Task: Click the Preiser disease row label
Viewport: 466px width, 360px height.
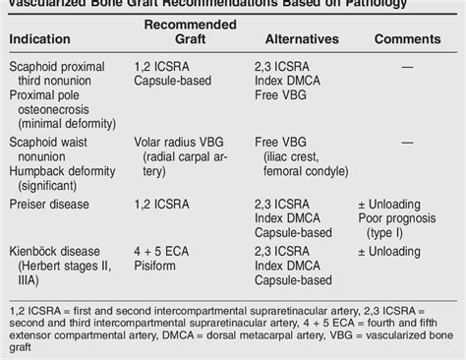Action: (50, 204)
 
